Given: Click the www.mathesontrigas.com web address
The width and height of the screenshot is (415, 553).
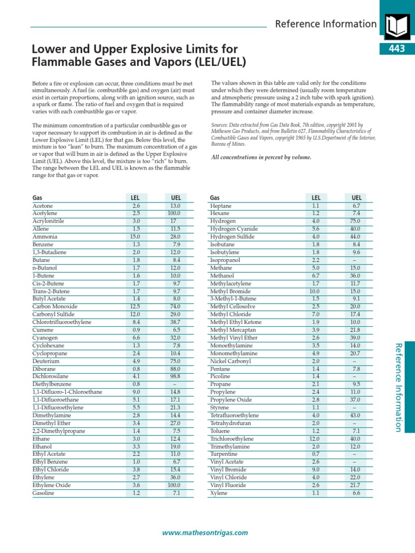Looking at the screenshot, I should click(x=205, y=532).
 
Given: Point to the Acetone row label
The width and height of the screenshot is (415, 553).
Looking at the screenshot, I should click(x=43, y=206).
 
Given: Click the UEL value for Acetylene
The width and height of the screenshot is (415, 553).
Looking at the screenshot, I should click(x=174, y=214).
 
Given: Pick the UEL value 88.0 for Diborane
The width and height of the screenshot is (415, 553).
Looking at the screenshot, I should click(x=174, y=369).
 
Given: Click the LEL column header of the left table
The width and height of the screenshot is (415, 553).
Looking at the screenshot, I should click(x=136, y=198).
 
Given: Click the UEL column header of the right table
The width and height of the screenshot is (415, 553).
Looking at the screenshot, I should click(x=356, y=198).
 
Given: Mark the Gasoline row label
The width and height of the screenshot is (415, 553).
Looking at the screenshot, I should click(x=43, y=493).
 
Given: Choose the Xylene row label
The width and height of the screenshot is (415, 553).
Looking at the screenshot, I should click(x=219, y=493).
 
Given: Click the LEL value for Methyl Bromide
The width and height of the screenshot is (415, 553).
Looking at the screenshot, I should click(x=314, y=291).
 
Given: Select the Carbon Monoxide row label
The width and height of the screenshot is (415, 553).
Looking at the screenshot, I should click(x=55, y=307).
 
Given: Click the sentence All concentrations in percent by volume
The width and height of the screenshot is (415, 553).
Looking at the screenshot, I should click(x=260, y=157).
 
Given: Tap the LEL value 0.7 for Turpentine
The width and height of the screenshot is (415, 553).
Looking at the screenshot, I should click(x=316, y=454).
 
